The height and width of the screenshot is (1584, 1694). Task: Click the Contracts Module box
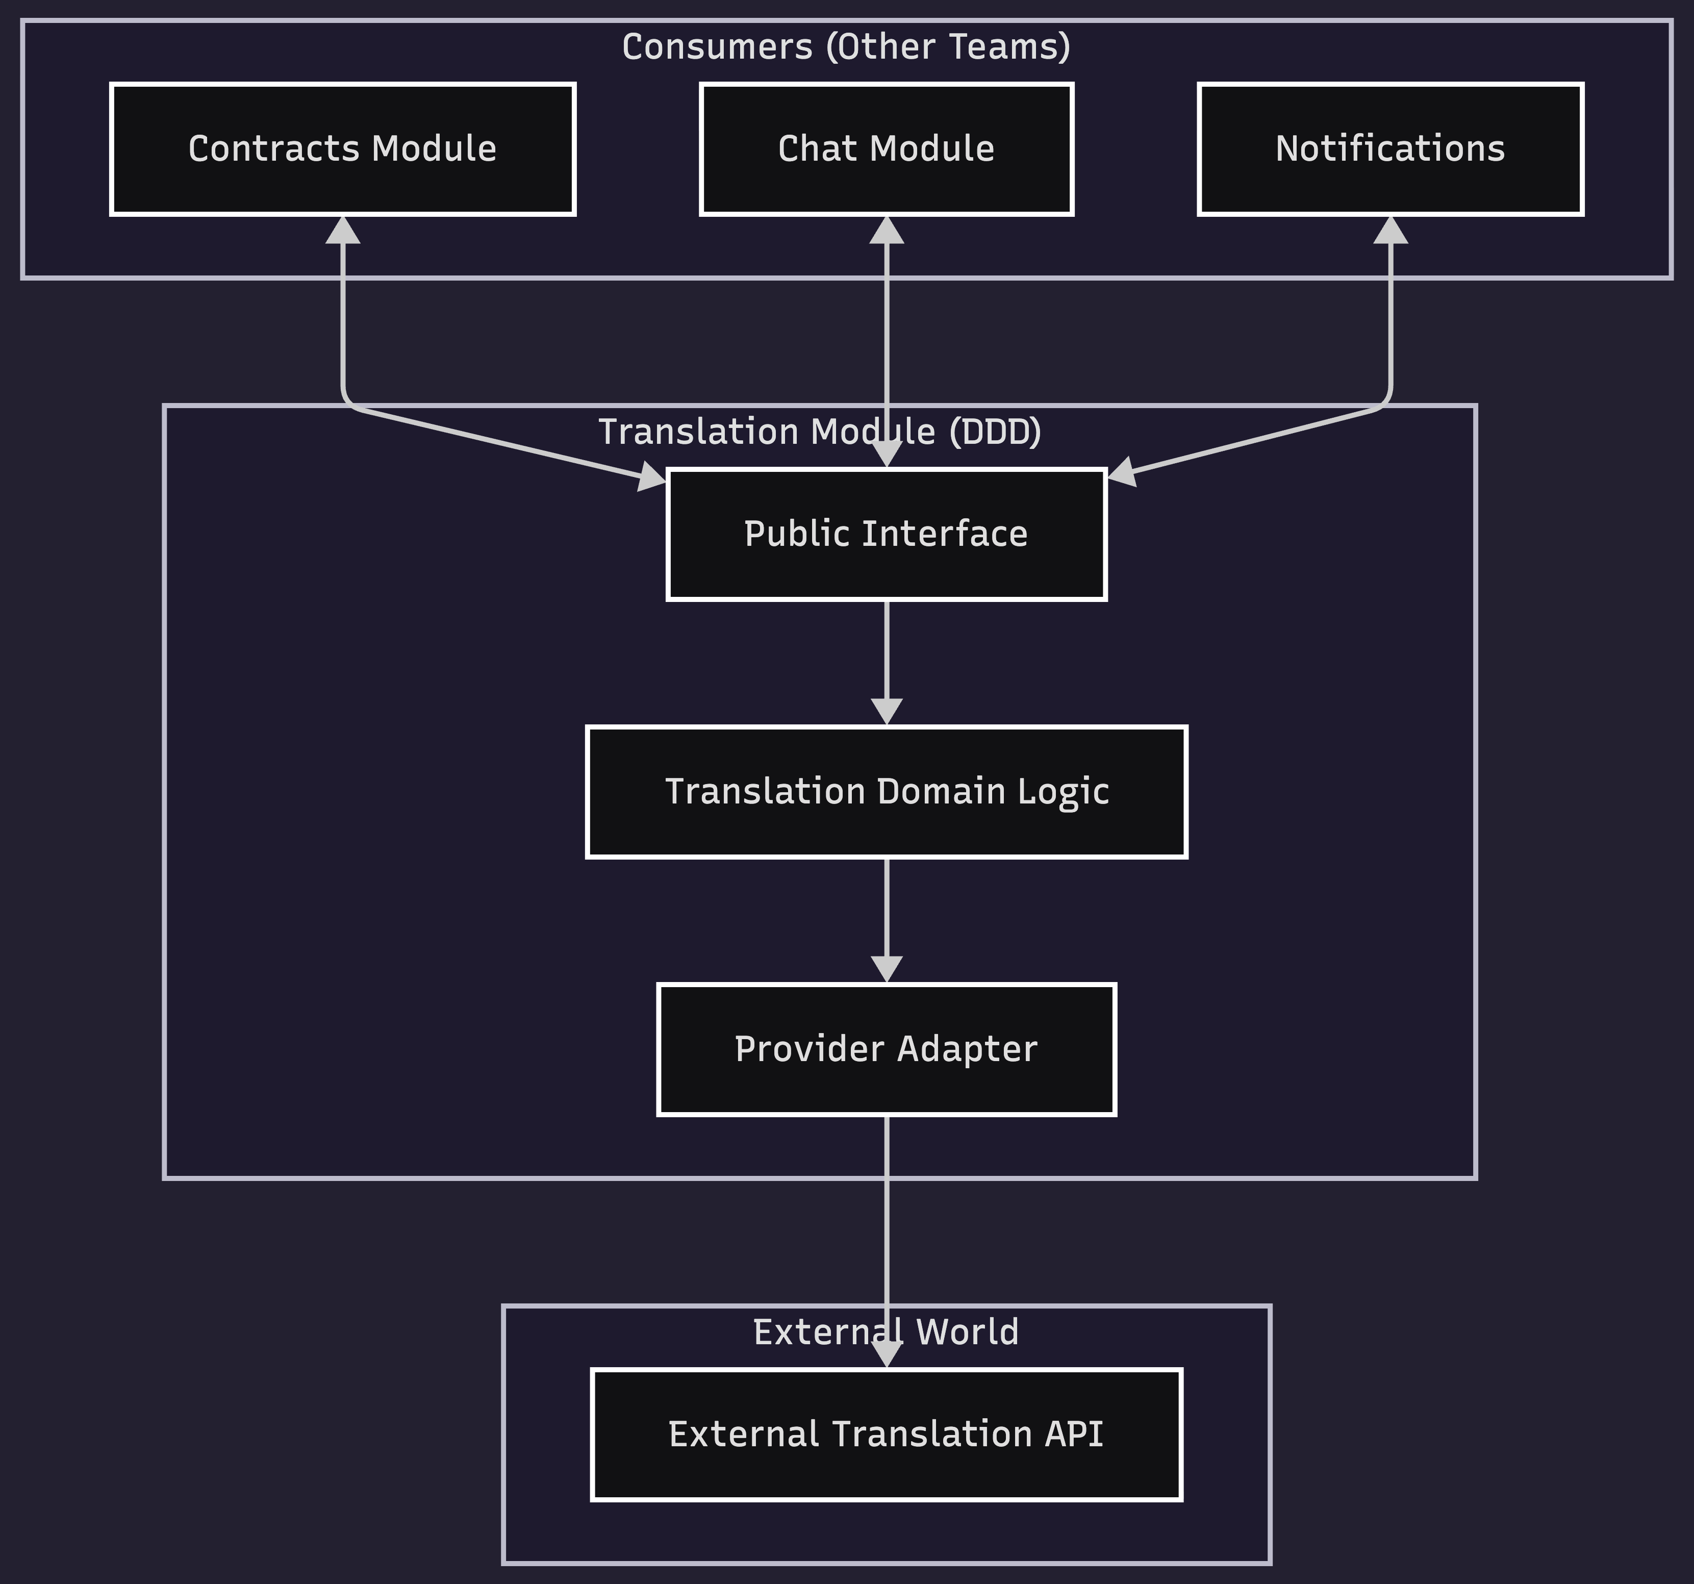343,149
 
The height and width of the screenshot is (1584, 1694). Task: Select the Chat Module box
886,149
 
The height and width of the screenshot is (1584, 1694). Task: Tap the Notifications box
1390,149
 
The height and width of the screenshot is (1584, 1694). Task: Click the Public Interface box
886,534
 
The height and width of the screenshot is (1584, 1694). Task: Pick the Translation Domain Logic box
886,792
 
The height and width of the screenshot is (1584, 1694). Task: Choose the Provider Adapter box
886,1049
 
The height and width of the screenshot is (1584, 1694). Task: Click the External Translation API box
886,1434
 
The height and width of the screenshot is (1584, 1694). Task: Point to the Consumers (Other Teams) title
846,46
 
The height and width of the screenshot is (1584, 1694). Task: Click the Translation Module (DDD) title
820,432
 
